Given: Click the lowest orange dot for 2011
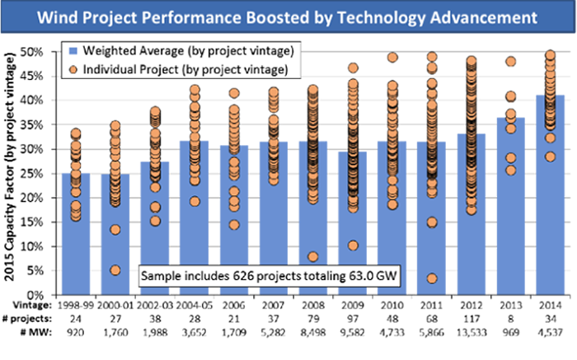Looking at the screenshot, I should click(x=432, y=278).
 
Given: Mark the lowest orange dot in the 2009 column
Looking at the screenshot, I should click(x=353, y=245).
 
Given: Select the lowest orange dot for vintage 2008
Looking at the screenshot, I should click(x=313, y=256).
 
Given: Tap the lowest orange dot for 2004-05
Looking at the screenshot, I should click(x=195, y=202).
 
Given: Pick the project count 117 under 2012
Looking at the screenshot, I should click(x=471, y=318).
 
